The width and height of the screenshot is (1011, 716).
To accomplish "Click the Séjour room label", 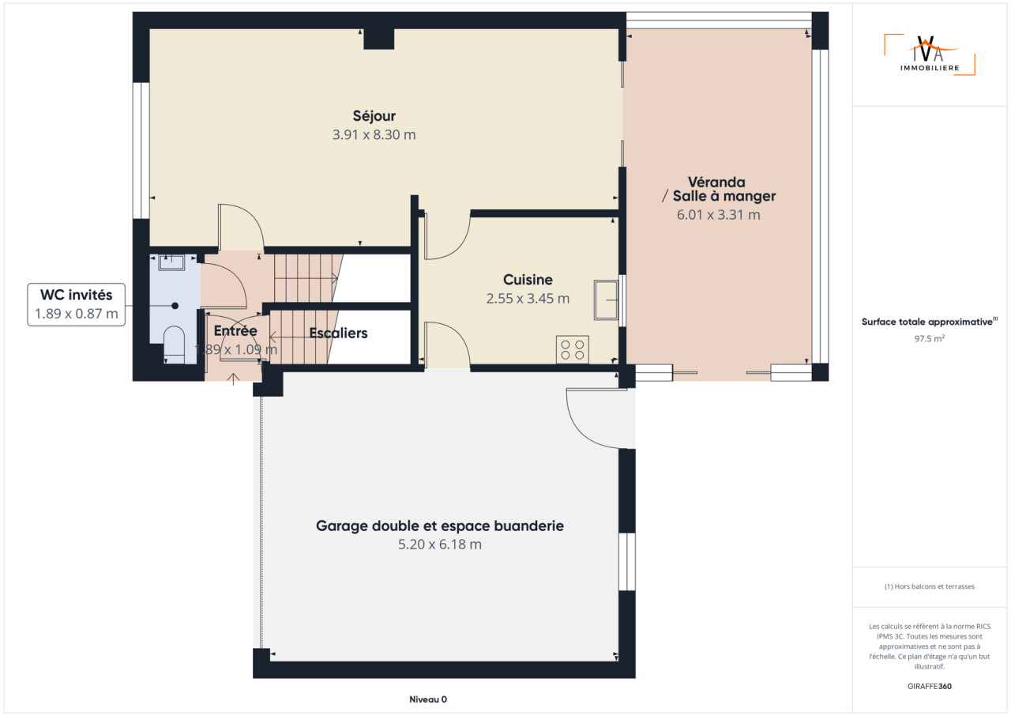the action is tap(374, 116).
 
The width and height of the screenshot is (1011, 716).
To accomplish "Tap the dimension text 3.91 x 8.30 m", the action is tap(374, 135).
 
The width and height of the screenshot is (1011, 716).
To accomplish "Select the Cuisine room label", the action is tap(528, 280).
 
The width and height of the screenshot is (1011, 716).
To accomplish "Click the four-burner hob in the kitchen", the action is tap(573, 349).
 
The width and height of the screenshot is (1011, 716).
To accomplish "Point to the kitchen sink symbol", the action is tap(606, 300).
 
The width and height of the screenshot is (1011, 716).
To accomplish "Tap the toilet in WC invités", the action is tap(174, 345).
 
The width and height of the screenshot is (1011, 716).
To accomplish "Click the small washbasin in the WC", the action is tap(171, 262).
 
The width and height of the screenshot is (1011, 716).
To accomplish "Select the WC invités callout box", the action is tap(77, 305).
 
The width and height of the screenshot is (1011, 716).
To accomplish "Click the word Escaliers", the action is tap(339, 334).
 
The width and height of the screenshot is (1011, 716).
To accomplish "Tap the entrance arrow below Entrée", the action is tap(233, 379).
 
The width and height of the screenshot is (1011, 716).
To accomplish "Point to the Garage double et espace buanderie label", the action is tap(440, 526).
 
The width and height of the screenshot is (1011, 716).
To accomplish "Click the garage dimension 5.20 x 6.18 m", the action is tap(440, 545).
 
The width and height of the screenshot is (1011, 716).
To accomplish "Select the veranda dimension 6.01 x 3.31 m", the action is tap(718, 215).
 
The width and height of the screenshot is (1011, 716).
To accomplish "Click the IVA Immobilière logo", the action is tap(930, 55).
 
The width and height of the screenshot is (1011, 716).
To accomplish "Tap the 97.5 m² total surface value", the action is tap(930, 338).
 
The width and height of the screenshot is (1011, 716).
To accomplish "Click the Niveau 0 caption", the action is tap(428, 699).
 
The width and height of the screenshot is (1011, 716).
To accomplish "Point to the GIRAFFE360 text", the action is tap(930, 686).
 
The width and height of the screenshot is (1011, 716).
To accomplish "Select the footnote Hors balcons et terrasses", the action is tap(930, 586).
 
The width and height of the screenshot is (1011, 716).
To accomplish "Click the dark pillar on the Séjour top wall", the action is tap(379, 40).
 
